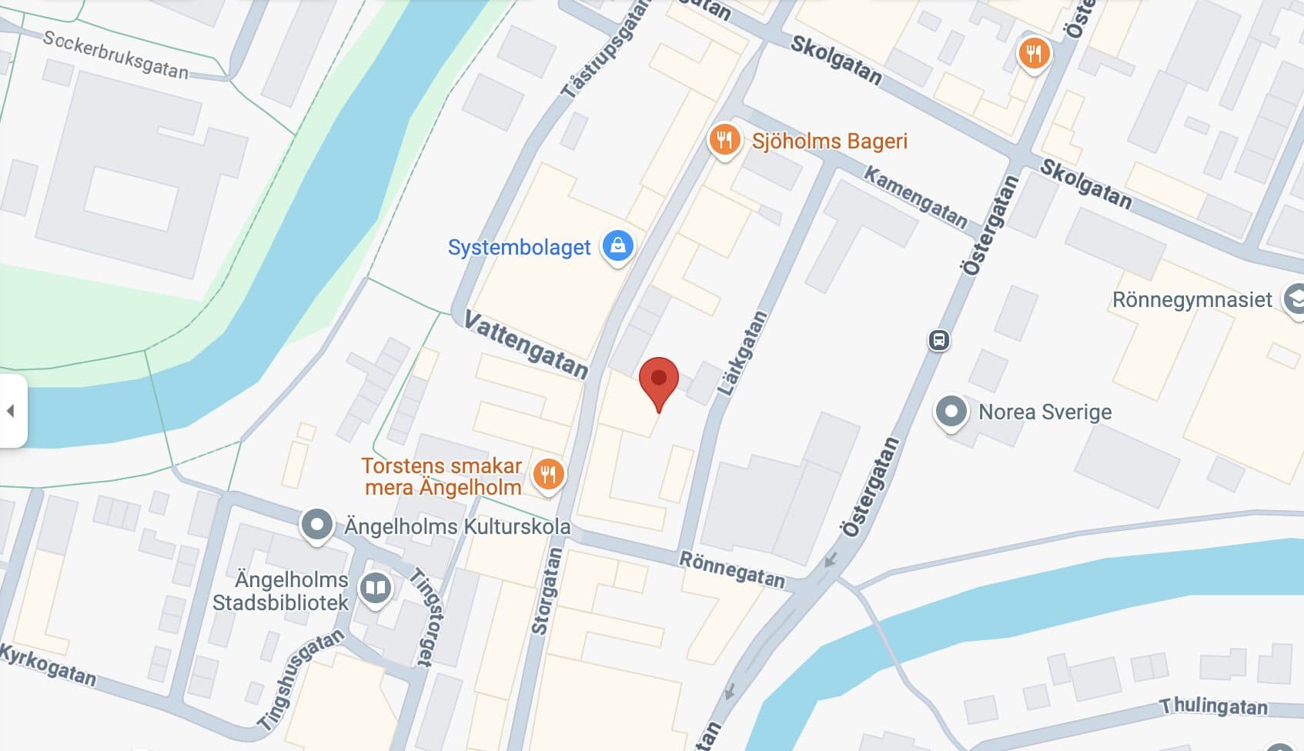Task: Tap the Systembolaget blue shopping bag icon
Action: (617, 246)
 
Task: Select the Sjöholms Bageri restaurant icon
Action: (724, 140)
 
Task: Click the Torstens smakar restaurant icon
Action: (548, 474)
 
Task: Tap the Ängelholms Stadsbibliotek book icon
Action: (375, 589)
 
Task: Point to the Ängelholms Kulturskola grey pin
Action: (316, 525)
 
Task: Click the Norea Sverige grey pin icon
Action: (951, 411)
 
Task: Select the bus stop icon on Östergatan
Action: (938, 340)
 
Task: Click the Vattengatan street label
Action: (527, 345)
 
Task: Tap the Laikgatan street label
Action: (743, 353)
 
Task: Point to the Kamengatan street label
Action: (915, 197)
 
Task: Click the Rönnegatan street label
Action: (731, 569)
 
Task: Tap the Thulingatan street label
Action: (1213, 706)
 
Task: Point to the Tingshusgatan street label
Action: (299, 679)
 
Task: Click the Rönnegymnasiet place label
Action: (1192, 299)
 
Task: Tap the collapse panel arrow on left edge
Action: (11, 411)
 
